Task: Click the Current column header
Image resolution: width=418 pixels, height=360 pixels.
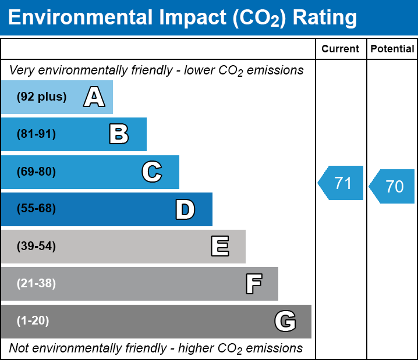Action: pos(340,49)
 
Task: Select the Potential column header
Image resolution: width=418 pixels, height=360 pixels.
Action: pos(392,49)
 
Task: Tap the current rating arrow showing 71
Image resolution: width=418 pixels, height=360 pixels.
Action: pos(341,183)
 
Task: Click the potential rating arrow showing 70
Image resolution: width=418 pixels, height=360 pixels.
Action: pos(392,186)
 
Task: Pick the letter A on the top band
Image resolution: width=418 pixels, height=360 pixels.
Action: pos(94,97)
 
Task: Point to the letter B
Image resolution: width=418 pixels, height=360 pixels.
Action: pos(119,134)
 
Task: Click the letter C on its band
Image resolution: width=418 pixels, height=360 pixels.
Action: pos(152,172)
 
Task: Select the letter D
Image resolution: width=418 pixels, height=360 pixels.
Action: pos(185,209)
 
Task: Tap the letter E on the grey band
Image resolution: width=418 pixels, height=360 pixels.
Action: pos(220,246)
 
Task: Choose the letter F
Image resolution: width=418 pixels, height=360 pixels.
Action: pos(254,284)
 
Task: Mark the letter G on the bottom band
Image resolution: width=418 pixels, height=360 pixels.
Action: pos(285,321)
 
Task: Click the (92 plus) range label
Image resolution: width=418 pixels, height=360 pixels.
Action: pos(41,97)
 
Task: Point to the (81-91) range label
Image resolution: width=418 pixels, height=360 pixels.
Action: pos(36,134)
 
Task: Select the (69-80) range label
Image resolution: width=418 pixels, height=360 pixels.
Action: pos(36,172)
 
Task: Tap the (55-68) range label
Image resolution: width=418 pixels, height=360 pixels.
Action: pos(36,208)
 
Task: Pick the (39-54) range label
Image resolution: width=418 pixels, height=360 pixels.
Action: pos(36,247)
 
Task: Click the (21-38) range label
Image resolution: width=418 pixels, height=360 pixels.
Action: pos(36,284)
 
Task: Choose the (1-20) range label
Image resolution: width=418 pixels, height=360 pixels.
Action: pos(33,321)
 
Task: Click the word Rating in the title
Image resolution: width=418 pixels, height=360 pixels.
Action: pos(325,18)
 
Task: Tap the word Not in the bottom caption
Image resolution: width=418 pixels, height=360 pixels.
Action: pos(19,348)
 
